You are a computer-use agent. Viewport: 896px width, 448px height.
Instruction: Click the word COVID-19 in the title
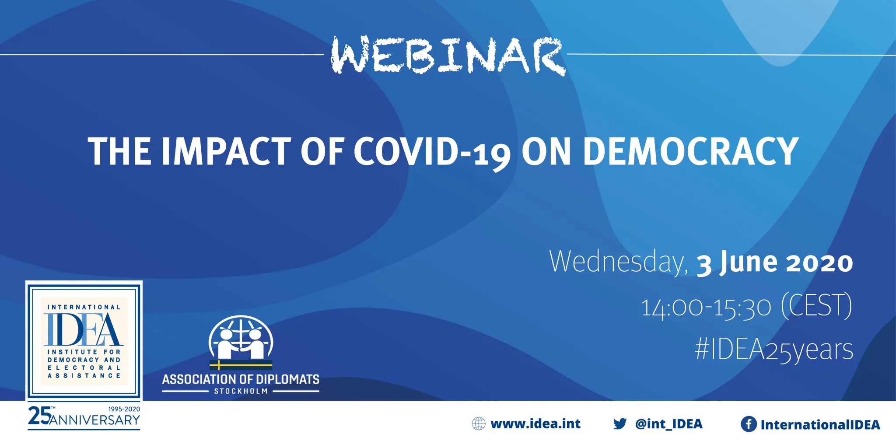432,152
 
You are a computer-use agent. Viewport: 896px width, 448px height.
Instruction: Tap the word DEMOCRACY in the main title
691,151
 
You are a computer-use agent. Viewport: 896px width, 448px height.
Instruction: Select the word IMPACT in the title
226,151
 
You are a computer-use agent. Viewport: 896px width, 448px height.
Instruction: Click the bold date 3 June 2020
774,262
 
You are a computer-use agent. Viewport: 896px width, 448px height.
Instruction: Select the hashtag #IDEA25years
774,350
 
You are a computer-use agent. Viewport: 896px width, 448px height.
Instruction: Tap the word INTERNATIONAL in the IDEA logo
84,307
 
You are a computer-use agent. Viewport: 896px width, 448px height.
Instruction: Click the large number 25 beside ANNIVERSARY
39,415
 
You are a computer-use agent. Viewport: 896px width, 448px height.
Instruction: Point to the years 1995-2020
124,409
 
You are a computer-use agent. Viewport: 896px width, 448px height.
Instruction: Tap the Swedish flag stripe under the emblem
241,365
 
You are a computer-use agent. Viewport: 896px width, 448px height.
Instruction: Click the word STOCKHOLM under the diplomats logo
241,391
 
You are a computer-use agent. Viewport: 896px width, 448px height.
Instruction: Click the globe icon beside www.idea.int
479,423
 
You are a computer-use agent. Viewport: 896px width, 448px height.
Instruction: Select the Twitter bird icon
620,423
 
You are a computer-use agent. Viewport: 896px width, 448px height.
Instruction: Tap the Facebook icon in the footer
749,424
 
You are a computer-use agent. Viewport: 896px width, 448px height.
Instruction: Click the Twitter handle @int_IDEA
669,424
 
